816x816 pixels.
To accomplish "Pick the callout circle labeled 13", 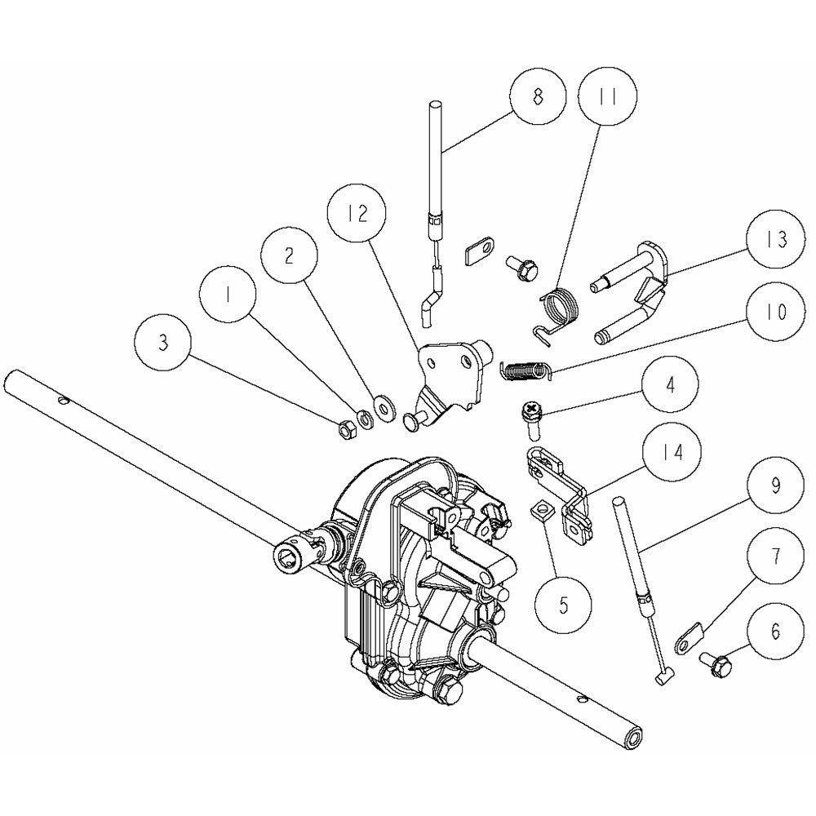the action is pos(775,240).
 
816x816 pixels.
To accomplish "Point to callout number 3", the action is pos(163,344).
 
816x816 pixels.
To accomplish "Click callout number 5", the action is pos(564,605).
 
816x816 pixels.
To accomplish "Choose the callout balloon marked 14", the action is pos(672,453).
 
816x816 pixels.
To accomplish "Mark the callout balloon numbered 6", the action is pos(775,632).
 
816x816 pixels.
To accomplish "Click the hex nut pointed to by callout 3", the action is pos(346,429).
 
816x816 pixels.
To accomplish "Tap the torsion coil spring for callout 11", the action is pos(555,313).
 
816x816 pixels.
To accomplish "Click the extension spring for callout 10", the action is pos(525,370).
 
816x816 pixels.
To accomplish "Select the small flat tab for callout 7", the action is pos(690,637).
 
